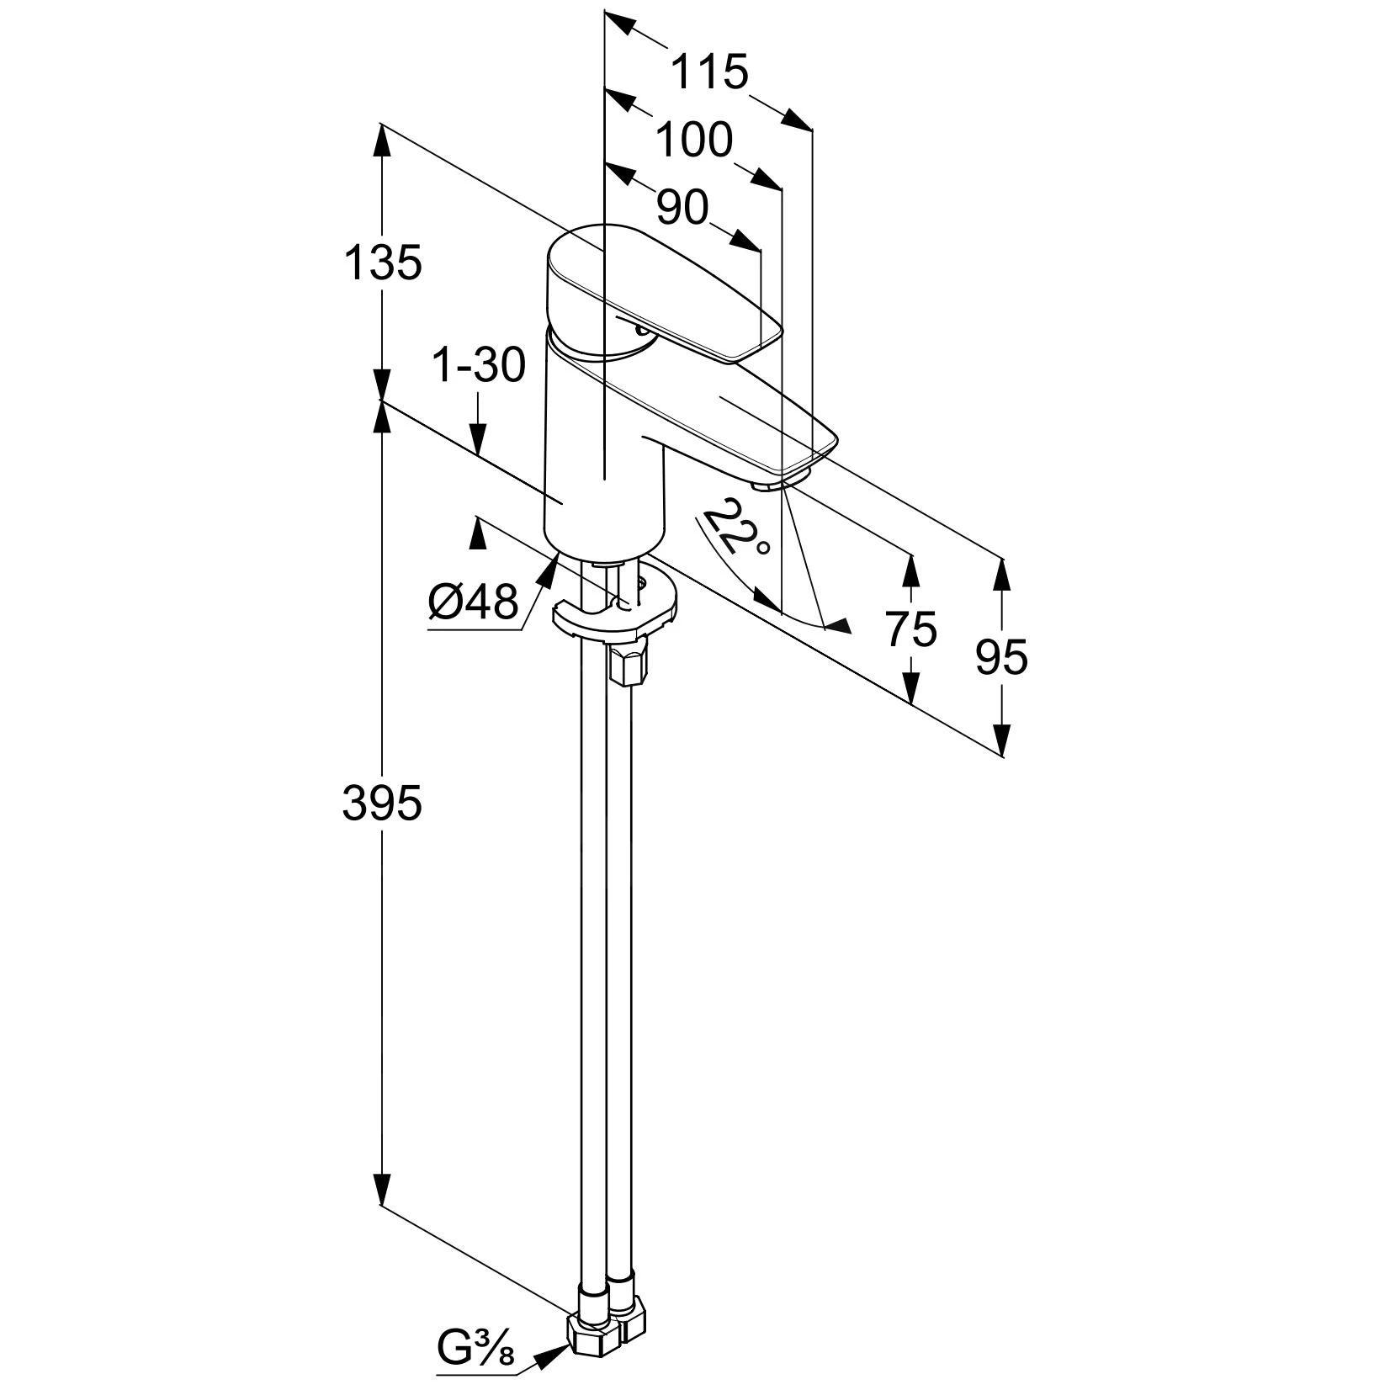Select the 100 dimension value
tap(694, 140)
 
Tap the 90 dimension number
tap(682, 207)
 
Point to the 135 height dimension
tap(383, 263)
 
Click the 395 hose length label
tap(382, 804)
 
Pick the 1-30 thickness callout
tap(478, 365)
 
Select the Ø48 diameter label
tap(474, 602)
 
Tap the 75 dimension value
tap(911, 629)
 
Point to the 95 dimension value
tap(1001, 657)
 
